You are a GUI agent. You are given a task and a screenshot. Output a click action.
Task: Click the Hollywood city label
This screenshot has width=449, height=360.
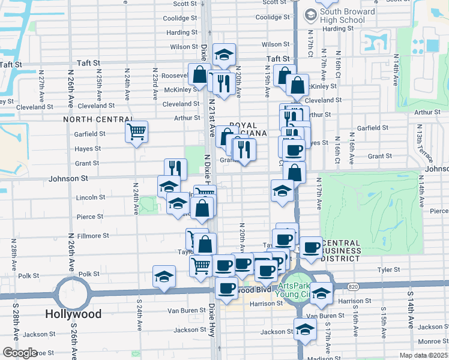[x=74, y=314]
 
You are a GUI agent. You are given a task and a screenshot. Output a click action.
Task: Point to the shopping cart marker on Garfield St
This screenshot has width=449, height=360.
[x=137, y=131]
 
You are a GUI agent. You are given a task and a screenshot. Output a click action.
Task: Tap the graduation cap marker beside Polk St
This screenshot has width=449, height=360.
[x=164, y=277]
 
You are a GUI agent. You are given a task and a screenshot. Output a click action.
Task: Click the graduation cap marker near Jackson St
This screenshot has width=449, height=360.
[x=305, y=329]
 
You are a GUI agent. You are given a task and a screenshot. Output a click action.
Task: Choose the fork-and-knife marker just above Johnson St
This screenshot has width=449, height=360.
[x=175, y=168]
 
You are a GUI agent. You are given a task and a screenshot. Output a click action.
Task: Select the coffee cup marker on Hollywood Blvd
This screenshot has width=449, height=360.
[x=226, y=289]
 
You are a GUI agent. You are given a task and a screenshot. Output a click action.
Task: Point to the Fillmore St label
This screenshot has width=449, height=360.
[x=93, y=236]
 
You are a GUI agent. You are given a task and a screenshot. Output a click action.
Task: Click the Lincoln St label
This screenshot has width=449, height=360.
[x=91, y=197]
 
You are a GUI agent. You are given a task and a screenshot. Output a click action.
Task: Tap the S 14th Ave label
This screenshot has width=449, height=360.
[x=411, y=316]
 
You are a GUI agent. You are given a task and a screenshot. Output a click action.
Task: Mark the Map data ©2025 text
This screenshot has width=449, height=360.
[x=423, y=355]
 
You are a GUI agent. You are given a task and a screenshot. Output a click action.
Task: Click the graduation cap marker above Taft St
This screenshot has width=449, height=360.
[x=224, y=55]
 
